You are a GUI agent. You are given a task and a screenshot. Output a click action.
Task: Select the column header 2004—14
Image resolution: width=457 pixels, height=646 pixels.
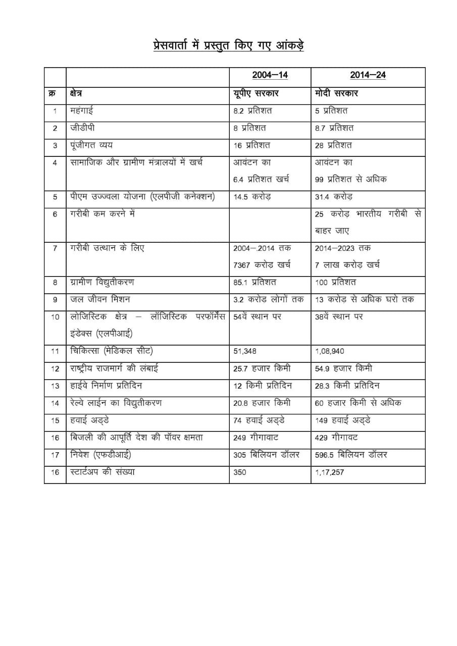tap(270, 76)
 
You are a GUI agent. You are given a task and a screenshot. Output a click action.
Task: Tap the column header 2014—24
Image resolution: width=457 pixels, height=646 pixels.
tap(368, 76)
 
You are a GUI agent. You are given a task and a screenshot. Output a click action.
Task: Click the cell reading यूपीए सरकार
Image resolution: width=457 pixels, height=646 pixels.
tap(256, 93)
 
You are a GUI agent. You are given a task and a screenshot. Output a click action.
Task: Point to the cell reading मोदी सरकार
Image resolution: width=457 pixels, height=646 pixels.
tap(336, 93)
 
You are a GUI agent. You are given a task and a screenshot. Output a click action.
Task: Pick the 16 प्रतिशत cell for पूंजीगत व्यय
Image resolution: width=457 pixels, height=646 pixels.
tap(251, 145)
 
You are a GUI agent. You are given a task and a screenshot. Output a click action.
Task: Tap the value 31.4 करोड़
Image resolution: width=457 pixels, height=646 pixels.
tap(333, 197)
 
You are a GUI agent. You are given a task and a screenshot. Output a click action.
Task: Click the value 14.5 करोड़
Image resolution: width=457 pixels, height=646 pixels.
tap(252, 197)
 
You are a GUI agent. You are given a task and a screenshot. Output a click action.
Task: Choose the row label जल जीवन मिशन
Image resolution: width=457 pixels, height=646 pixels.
tap(100, 299)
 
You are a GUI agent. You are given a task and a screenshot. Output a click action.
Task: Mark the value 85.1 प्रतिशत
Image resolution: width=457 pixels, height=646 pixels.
tap(255, 282)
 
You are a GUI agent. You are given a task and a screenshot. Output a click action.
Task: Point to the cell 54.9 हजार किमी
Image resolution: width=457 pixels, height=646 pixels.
tap(343, 369)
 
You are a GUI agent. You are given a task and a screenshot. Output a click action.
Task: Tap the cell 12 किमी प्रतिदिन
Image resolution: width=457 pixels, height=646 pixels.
tap(263, 386)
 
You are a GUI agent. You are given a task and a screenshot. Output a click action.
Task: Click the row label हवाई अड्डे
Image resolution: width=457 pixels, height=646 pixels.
tap(89, 420)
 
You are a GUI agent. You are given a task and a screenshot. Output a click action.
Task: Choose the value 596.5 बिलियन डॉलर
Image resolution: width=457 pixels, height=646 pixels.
tap(351, 455)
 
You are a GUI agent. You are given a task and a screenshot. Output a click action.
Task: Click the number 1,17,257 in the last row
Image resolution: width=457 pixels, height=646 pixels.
tap(329, 473)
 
